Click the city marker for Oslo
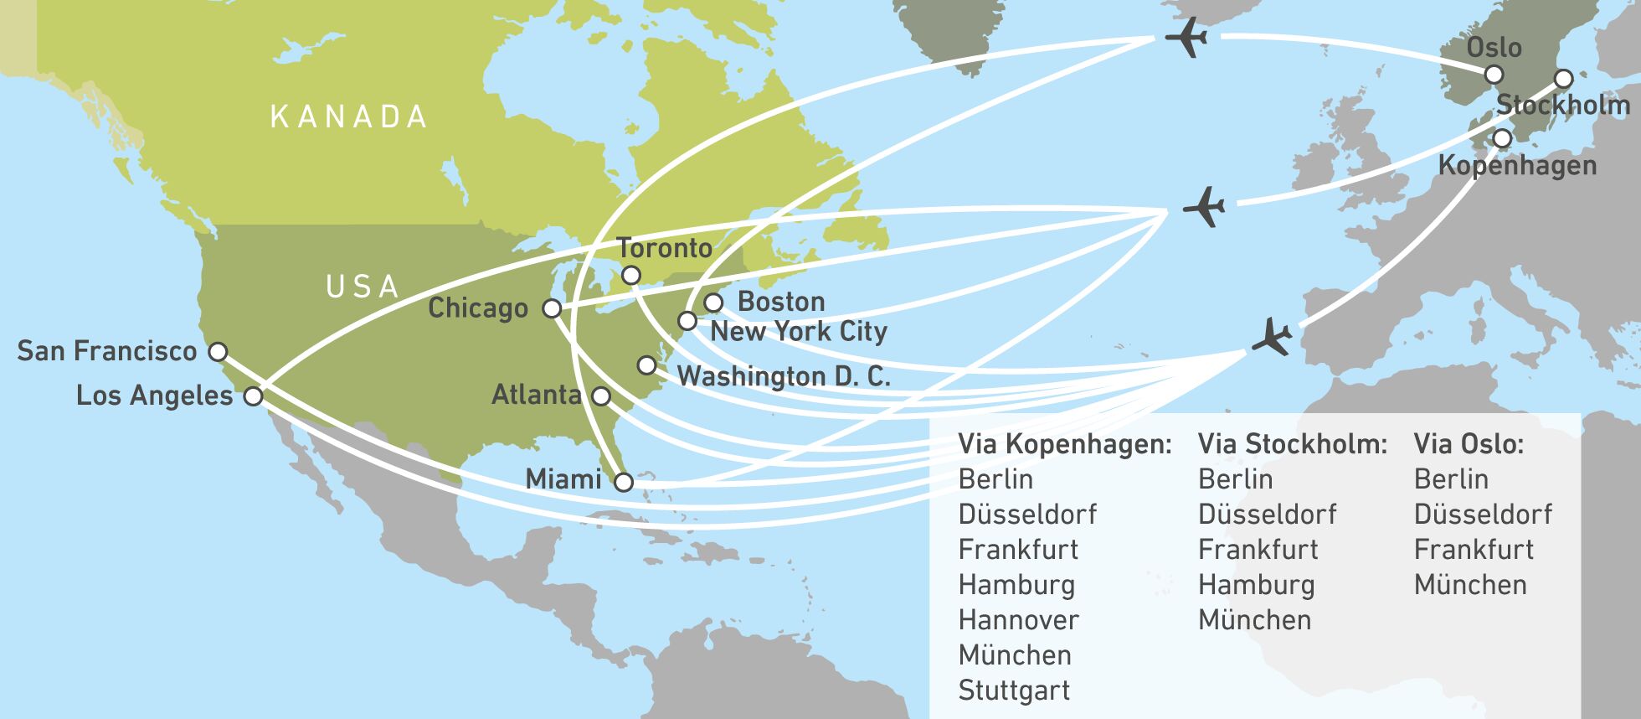click(x=1494, y=75)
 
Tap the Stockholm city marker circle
click(x=1564, y=80)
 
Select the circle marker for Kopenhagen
click(x=1503, y=138)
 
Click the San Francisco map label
click(x=107, y=350)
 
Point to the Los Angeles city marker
click(x=253, y=396)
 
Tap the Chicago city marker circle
click(x=552, y=308)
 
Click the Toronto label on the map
click(x=665, y=248)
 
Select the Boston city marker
click(x=713, y=303)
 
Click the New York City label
click(x=799, y=331)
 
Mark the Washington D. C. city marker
click(x=646, y=365)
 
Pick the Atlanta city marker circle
click(x=601, y=396)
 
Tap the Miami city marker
click(x=624, y=482)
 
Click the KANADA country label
click(x=348, y=117)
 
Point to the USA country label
click(x=363, y=287)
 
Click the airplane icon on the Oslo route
click(x=1186, y=38)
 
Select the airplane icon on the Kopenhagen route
click(x=1273, y=337)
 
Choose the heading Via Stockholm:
click(x=1292, y=444)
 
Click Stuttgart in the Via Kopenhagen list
click(x=1014, y=691)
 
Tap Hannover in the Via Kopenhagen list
click(x=1018, y=620)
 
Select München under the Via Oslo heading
click(x=1470, y=585)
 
